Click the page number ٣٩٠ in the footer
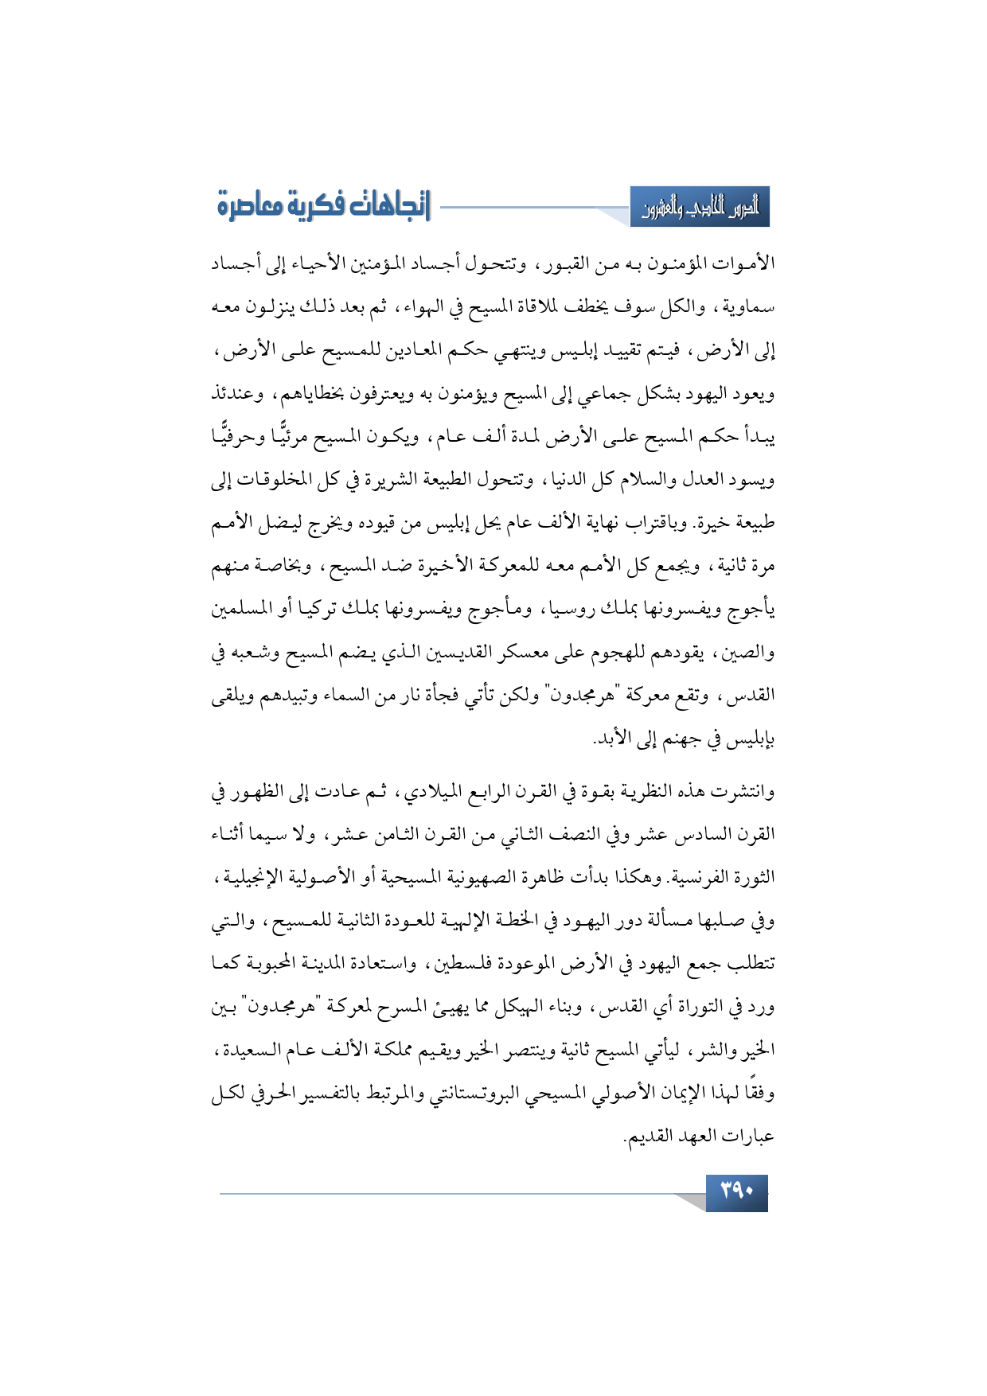736,1192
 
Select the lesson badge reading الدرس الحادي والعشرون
700,209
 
